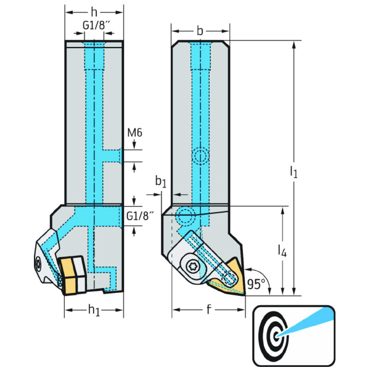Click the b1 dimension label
click(161, 182)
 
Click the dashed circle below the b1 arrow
click(184, 216)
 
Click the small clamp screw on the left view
click(38, 264)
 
